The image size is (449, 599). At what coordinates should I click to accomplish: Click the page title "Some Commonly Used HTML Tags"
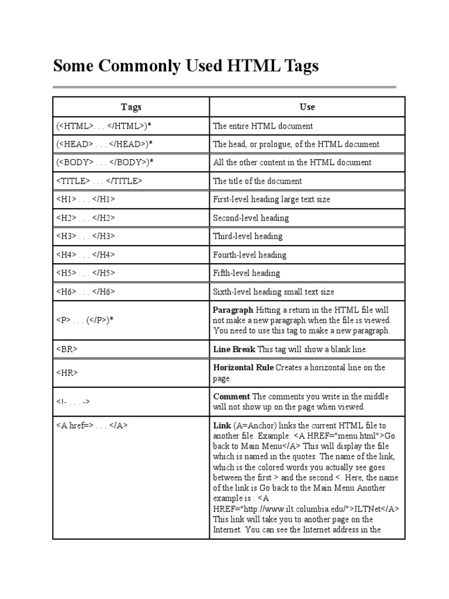pos(186,66)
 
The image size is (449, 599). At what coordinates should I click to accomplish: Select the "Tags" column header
pos(131,107)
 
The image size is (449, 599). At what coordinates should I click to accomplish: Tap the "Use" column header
pos(307,107)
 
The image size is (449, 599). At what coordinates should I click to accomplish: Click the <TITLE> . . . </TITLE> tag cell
pos(99,181)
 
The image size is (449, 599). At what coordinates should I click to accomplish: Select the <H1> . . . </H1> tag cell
pos(85,199)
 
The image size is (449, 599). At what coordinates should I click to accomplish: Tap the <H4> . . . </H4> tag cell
pos(85,255)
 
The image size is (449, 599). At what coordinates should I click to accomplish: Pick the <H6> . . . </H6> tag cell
pos(85,291)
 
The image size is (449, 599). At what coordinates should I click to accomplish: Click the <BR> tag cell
pos(67,349)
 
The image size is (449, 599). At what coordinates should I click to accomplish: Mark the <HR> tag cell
pos(67,373)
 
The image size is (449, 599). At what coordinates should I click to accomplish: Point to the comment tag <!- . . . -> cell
pos(73,401)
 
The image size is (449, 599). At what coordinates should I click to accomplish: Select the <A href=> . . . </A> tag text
pos(91,426)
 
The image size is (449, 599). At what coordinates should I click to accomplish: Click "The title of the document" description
pos(257,181)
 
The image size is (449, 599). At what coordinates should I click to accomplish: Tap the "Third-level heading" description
pos(247,236)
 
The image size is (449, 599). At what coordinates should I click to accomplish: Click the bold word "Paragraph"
pos(233,310)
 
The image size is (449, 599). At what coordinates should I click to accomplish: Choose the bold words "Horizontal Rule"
pos(243,367)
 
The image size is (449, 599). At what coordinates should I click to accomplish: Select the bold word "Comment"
pos(232,396)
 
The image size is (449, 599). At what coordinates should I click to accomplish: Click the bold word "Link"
pos(222,425)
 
